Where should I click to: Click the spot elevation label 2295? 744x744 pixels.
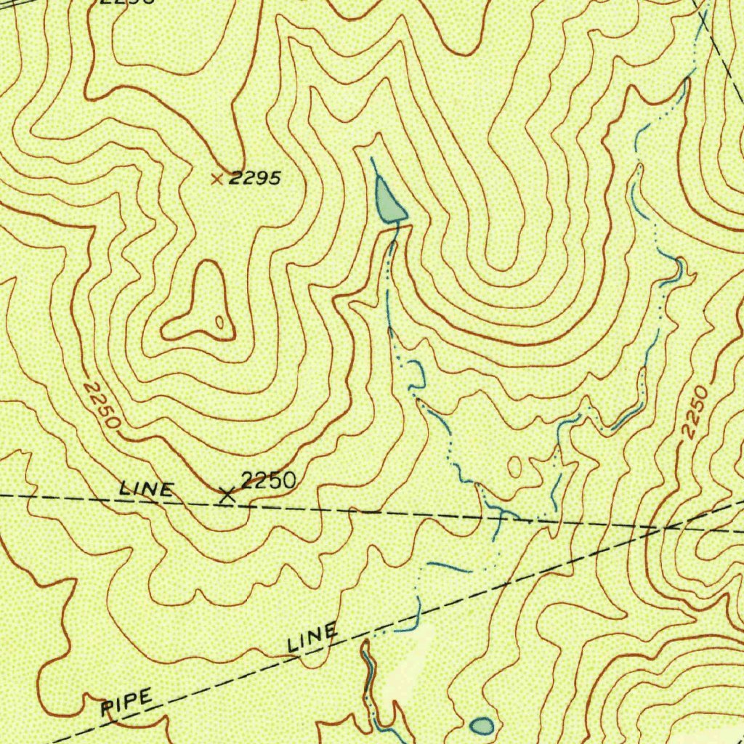click(254, 179)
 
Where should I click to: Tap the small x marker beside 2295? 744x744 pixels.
click(216, 178)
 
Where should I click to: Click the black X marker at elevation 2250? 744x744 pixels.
click(227, 496)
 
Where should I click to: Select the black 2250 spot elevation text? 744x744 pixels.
click(268, 480)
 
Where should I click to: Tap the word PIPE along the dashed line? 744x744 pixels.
click(127, 703)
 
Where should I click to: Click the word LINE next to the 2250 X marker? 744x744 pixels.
click(146, 490)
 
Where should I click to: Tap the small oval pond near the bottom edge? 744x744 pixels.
click(482, 724)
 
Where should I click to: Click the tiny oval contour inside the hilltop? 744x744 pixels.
click(219, 320)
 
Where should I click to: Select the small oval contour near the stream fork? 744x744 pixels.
click(514, 466)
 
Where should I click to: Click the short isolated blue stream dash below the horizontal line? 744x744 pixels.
click(449, 566)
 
